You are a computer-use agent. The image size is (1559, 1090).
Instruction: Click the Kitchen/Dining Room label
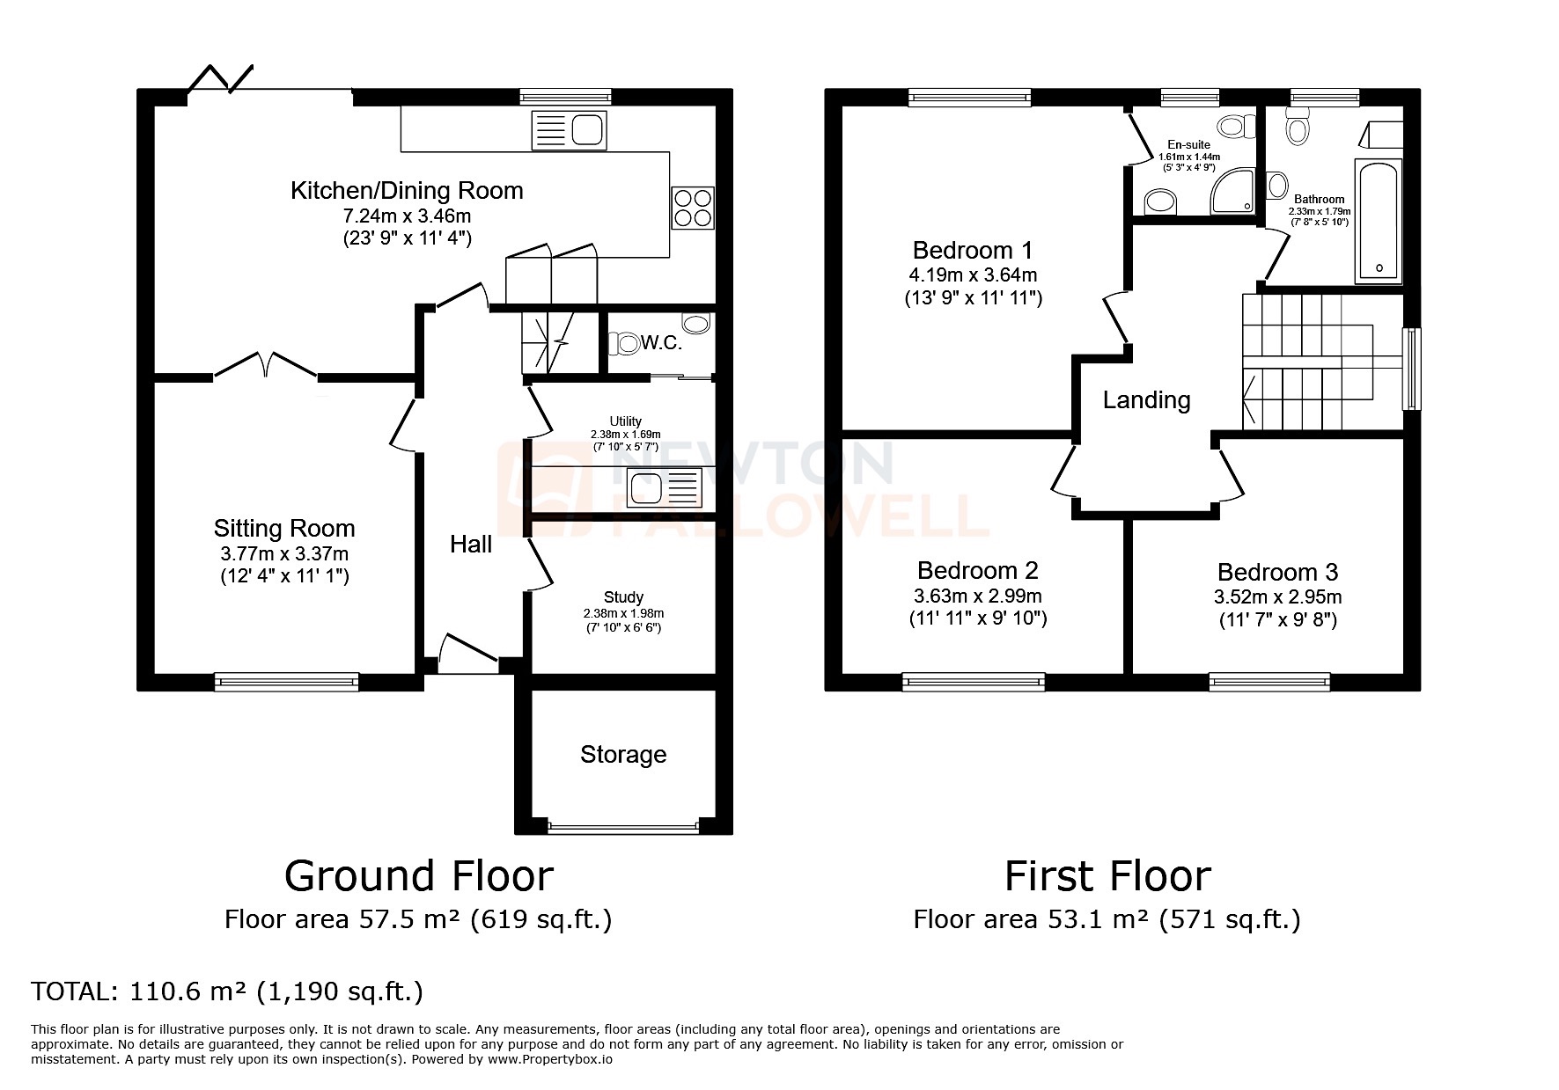pos(407,191)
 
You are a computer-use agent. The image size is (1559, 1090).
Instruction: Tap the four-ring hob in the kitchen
pos(692,208)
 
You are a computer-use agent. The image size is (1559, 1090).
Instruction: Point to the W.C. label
pos(661,343)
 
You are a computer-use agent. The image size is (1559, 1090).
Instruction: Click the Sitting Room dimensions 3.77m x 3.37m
pos(284,553)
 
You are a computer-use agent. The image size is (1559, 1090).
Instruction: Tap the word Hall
pos(471,545)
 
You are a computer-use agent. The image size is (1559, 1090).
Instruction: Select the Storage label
pos(623,755)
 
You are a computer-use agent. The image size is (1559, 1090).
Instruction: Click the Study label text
pos(623,597)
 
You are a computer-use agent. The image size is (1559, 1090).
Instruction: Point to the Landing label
pos(1146,400)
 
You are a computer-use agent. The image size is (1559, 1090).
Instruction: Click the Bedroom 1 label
pos(973,250)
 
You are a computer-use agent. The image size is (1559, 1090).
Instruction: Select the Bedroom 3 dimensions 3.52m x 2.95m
pos(1277,597)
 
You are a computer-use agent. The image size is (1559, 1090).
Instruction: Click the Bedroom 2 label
pos(977,570)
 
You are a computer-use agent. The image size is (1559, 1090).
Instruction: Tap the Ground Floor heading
pos(419,876)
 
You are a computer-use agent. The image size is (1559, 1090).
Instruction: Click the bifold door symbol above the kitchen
pos(220,78)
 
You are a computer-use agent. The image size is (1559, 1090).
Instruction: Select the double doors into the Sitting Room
pos(266,366)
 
